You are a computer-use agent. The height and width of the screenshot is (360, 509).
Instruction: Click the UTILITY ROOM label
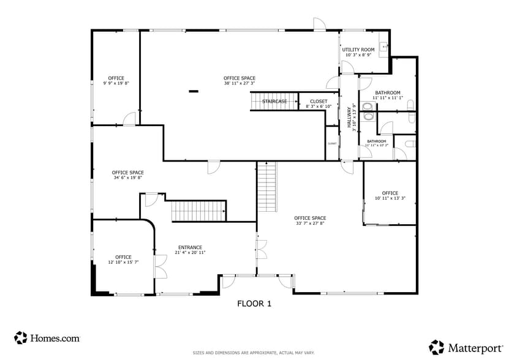(358, 50)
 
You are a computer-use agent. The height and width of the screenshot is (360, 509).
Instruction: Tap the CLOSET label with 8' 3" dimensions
(319, 102)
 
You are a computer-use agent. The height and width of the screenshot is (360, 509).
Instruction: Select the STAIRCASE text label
(274, 102)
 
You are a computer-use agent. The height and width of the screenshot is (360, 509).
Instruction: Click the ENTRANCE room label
(190, 247)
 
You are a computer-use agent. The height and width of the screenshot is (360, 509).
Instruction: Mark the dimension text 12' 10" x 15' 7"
(123, 263)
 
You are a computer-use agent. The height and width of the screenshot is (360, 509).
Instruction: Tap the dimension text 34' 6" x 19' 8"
(127, 178)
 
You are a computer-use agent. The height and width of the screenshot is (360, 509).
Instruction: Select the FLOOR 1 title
(254, 303)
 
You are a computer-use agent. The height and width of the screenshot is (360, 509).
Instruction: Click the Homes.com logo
(47, 337)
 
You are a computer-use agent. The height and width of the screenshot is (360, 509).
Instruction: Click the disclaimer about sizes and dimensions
(254, 353)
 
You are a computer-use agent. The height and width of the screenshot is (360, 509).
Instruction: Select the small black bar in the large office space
(194, 91)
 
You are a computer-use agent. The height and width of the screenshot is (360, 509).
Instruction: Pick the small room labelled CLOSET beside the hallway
(332, 143)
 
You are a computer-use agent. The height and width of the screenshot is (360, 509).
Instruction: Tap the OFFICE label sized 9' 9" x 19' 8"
(116, 78)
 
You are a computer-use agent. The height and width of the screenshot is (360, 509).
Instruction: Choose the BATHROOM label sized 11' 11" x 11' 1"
(387, 93)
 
